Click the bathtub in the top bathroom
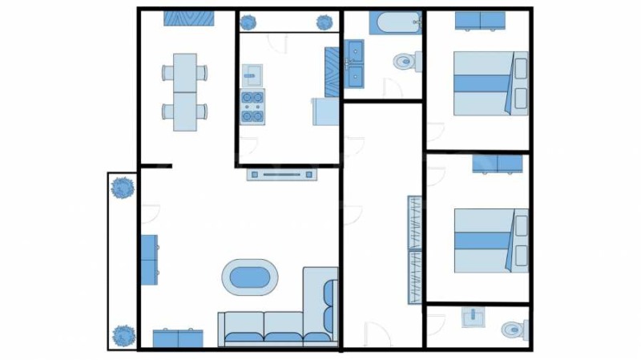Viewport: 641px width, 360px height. coord(395,22)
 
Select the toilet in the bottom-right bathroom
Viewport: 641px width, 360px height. coord(513,329)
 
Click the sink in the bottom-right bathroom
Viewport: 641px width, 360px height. coord(474,318)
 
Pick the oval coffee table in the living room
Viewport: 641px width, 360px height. coord(250,277)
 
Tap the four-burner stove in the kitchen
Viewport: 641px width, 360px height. coord(253,107)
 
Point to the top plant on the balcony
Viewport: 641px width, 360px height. coord(122,188)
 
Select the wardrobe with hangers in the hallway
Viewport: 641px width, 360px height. coord(414,249)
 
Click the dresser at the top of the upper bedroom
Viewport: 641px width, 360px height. coord(479,21)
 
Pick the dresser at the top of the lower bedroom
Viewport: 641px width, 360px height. coord(497,164)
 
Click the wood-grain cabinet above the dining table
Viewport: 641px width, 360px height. coord(188,18)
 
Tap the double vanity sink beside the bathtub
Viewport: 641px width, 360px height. coord(354,63)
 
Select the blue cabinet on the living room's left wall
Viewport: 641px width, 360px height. coord(149,259)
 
